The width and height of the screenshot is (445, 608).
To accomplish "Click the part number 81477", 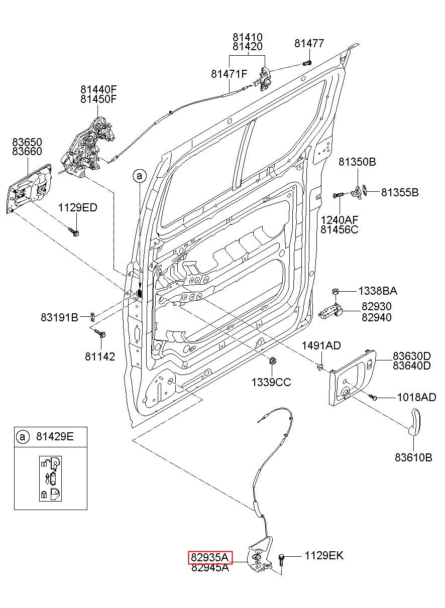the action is coord(309,43).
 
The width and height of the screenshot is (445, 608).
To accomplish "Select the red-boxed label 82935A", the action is coord(210,557).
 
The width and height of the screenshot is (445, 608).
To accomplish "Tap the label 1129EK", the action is coord(324,555).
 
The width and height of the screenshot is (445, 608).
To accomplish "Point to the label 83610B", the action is coord(413,457).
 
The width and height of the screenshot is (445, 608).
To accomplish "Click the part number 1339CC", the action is coord(271,382).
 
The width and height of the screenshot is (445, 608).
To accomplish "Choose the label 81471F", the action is coord(229,74).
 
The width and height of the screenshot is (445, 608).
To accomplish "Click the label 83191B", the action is coord(59,317).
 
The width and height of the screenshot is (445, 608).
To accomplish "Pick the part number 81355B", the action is coord(400,192).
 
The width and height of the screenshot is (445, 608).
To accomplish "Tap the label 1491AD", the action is coord(321,345).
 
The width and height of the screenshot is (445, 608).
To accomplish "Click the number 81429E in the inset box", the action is coord(55,437).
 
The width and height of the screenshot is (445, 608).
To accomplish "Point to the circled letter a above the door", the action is coord(140,176).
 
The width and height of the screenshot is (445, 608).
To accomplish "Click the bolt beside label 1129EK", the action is coord(281,560).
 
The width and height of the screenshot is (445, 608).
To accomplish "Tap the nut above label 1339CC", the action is coord(272,361).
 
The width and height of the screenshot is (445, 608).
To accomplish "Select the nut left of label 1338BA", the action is coord(335,292).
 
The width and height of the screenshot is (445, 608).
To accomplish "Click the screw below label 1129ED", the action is coord(73,231).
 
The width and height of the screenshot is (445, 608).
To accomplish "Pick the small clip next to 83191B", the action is coord(92,316).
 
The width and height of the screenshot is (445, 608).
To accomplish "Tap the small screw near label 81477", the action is coord(307,63).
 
